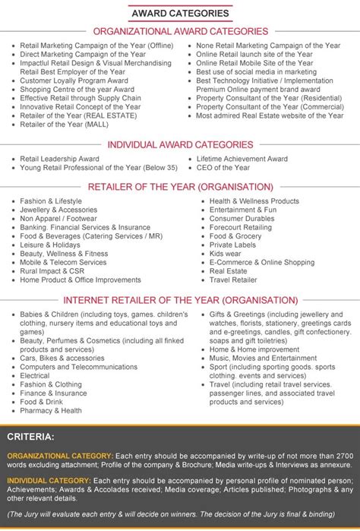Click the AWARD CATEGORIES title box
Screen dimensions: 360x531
point(180,13)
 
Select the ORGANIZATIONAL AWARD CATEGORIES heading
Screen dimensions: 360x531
point(180,31)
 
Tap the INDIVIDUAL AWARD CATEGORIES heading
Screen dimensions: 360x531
point(180,144)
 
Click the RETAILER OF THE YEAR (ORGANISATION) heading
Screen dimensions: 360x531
point(180,186)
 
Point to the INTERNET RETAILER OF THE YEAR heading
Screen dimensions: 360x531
point(180,299)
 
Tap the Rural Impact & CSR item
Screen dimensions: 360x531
point(52,270)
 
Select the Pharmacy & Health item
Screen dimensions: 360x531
point(51,410)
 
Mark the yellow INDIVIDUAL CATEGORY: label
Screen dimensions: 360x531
point(48,482)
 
